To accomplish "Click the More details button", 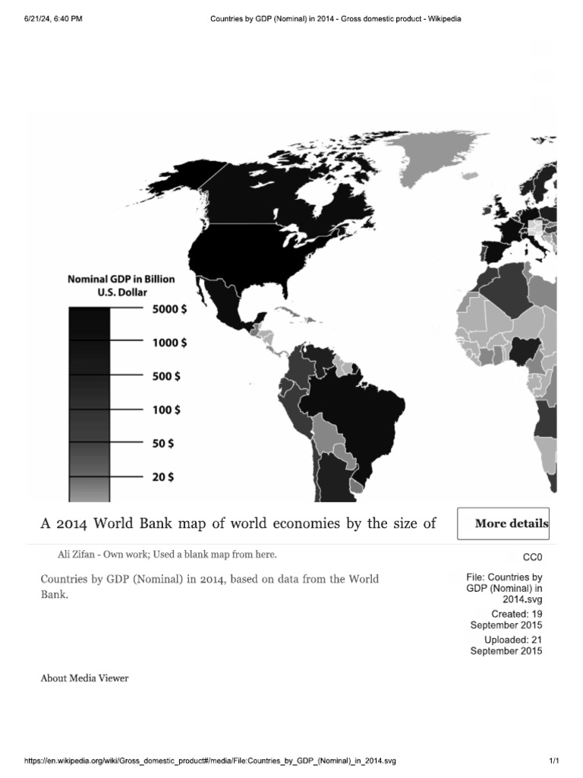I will click(503, 523).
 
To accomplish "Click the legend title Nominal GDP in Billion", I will click(121, 279).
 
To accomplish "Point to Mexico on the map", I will click(227, 301).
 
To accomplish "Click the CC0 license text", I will click(532, 557).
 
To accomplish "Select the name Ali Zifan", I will click(75, 554).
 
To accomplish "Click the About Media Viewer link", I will click(84, 678).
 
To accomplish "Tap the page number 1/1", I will click(553, 761).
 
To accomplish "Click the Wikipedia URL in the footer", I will click(211, 761).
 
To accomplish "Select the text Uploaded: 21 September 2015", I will click(506, 645).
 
